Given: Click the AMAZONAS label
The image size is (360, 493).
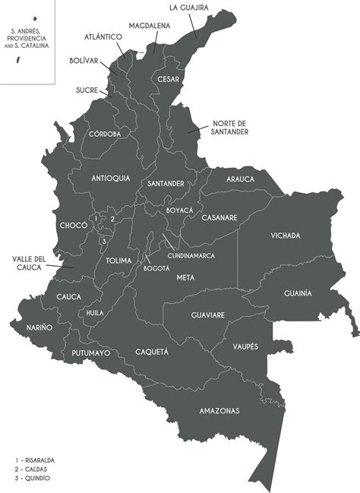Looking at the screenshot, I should pyautogui.click(x=219, y=411).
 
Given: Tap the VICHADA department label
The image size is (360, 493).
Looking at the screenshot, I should pyautogui.click(x=286, y=235).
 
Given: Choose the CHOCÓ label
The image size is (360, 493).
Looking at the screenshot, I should pyautogui.click(x=73, y=226).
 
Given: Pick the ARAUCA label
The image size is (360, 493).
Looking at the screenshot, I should pyautogui.click(x=240, y=179).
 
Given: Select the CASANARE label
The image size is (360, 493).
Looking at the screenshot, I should pyautogui.click(x=219, y=217).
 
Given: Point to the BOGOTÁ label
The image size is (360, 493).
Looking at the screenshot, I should pyautogui.click(x=156, y=267).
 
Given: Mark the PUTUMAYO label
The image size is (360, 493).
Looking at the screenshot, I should pyautogui.click(x=91, y=353).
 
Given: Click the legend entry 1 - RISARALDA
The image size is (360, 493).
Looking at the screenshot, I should pyautogui.click(x=35, y=460).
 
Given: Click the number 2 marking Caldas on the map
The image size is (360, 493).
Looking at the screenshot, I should pyautogui.click(x=112, y=219).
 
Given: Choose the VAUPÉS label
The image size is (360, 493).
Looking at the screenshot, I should pyautogui.click(x=246, y=346).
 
